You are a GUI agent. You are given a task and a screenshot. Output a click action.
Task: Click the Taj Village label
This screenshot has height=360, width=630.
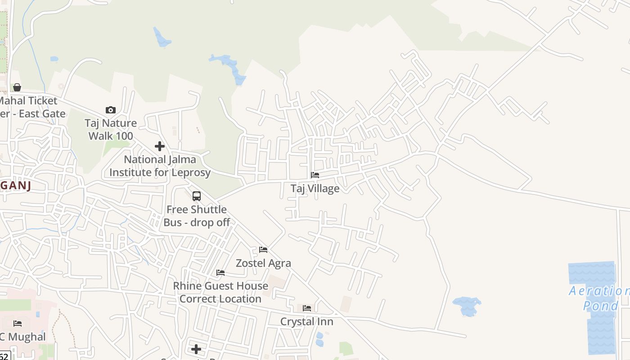pos(315,188)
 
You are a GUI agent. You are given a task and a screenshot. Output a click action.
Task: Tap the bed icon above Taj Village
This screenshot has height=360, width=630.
pos(315,175)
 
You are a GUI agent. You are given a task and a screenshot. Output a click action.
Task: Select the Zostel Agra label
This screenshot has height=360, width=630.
pos(263,263)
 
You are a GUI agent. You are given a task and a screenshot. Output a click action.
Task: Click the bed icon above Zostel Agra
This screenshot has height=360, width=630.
pos(263,249)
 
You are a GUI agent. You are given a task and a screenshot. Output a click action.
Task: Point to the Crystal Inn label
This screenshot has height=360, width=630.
pos(307,321)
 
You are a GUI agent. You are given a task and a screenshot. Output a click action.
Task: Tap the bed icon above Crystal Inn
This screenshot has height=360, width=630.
pos(307,308)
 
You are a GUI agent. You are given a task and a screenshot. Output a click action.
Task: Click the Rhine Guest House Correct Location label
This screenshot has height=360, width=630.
pos(220,292)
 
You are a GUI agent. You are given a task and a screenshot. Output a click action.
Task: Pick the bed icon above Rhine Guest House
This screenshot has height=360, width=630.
pos(220,272)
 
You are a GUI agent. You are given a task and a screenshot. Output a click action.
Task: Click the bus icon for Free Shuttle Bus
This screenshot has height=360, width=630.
pos(197,196)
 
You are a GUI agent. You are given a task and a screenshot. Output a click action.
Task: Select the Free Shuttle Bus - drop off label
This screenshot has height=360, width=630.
pos(197,216)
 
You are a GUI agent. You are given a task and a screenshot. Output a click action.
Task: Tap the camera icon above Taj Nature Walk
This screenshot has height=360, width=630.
pos(110,110)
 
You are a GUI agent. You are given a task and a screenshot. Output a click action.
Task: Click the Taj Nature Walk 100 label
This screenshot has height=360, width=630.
pos(111,129)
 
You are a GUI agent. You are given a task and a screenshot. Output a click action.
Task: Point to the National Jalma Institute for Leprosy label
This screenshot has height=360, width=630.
pos(160,166)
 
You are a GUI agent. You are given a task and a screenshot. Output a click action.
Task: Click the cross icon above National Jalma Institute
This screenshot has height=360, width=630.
pos(160,146)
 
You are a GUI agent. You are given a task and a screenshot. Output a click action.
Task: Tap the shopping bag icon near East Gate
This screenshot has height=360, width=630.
pos(17,87)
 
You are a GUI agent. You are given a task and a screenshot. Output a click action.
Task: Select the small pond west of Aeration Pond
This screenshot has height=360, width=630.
pos(467,306)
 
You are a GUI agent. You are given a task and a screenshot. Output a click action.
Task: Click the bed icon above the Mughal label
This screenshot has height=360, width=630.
pos(18,323)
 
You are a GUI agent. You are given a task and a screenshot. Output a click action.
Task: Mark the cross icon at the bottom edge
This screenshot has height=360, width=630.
pos(196,349)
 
